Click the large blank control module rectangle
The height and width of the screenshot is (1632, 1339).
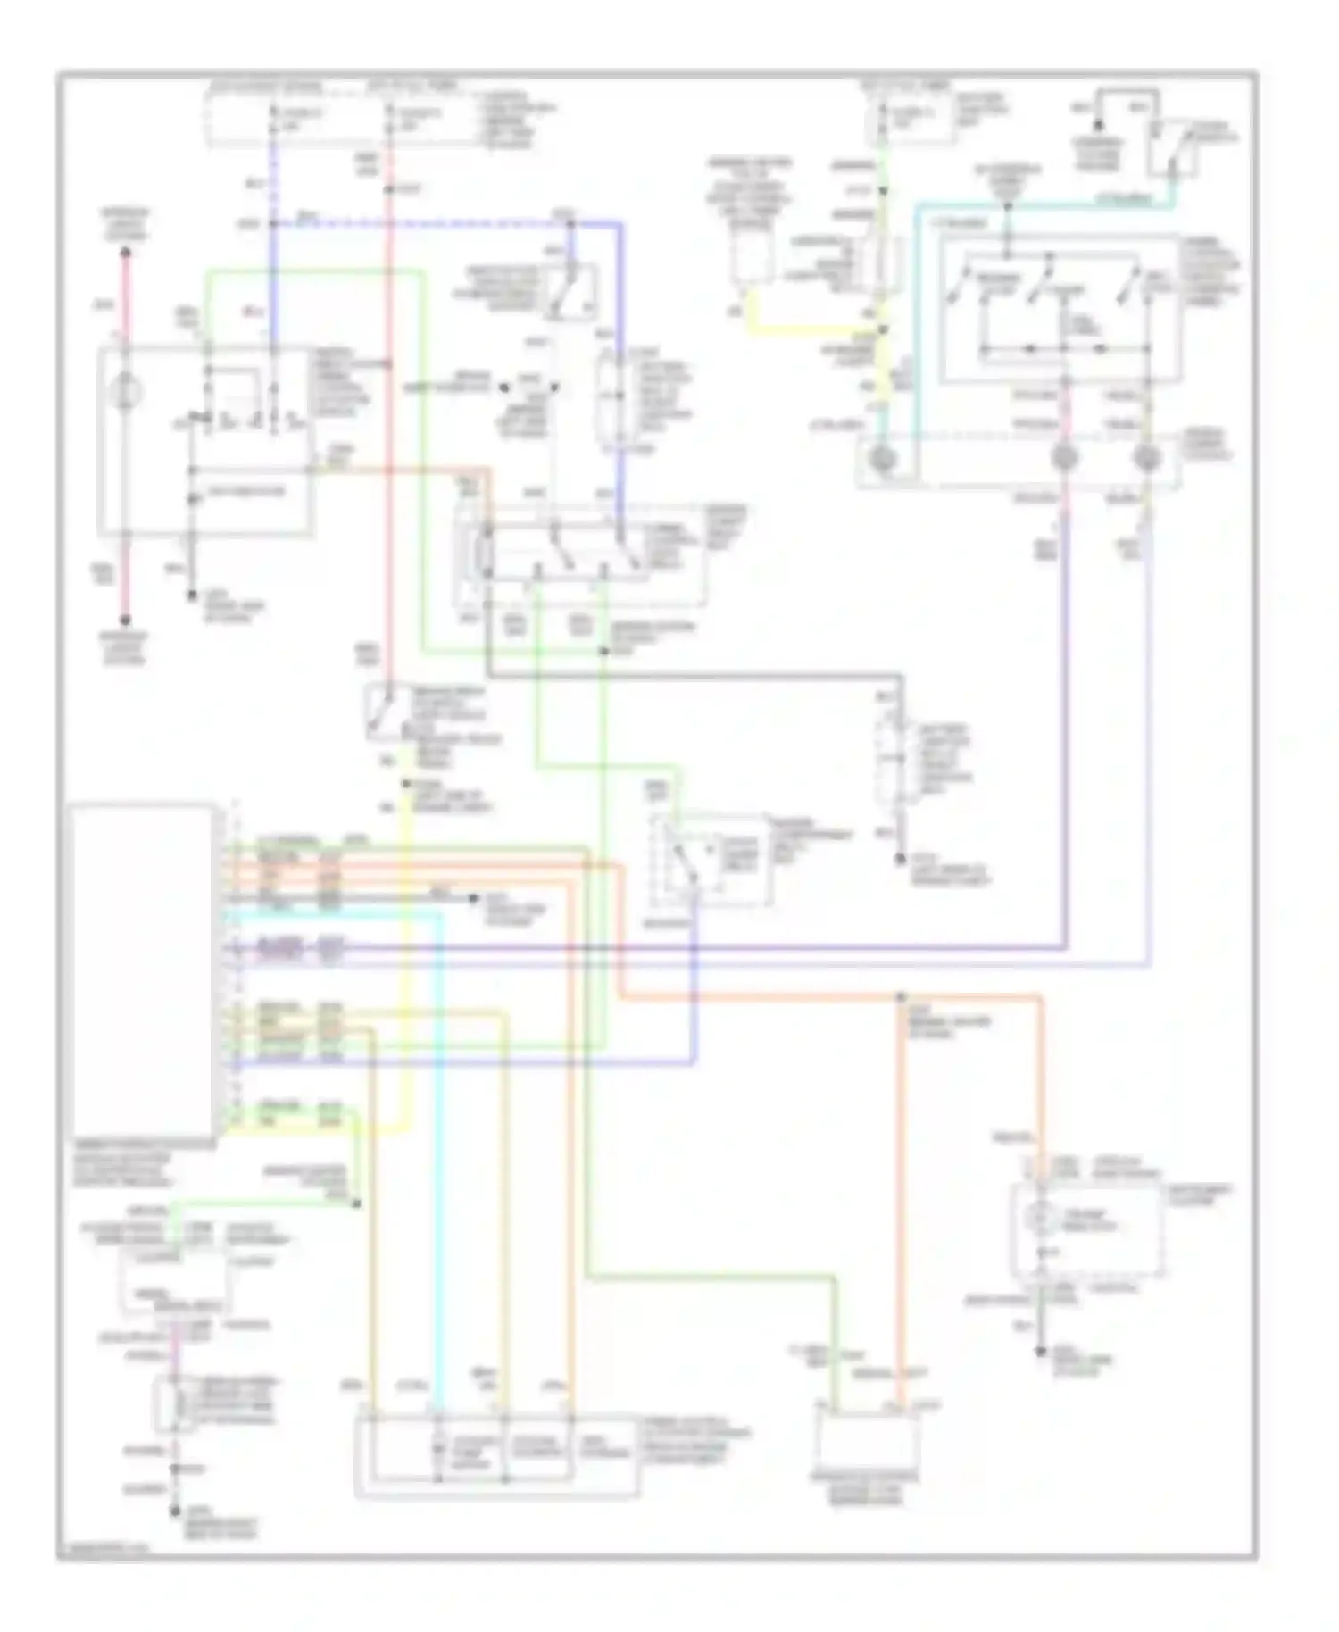point(141,969)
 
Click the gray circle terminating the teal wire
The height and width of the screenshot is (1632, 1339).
point(882,460)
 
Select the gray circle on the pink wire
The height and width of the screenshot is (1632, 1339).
point(1063,459)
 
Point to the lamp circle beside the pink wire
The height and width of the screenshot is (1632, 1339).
point(125,391)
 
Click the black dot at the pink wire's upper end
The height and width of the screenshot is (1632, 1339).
point(125,253)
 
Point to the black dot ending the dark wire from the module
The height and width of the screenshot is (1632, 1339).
point(473,897)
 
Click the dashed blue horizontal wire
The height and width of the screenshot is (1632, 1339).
point(420,223)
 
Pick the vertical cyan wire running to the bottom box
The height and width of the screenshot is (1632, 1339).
point(439,1161)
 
